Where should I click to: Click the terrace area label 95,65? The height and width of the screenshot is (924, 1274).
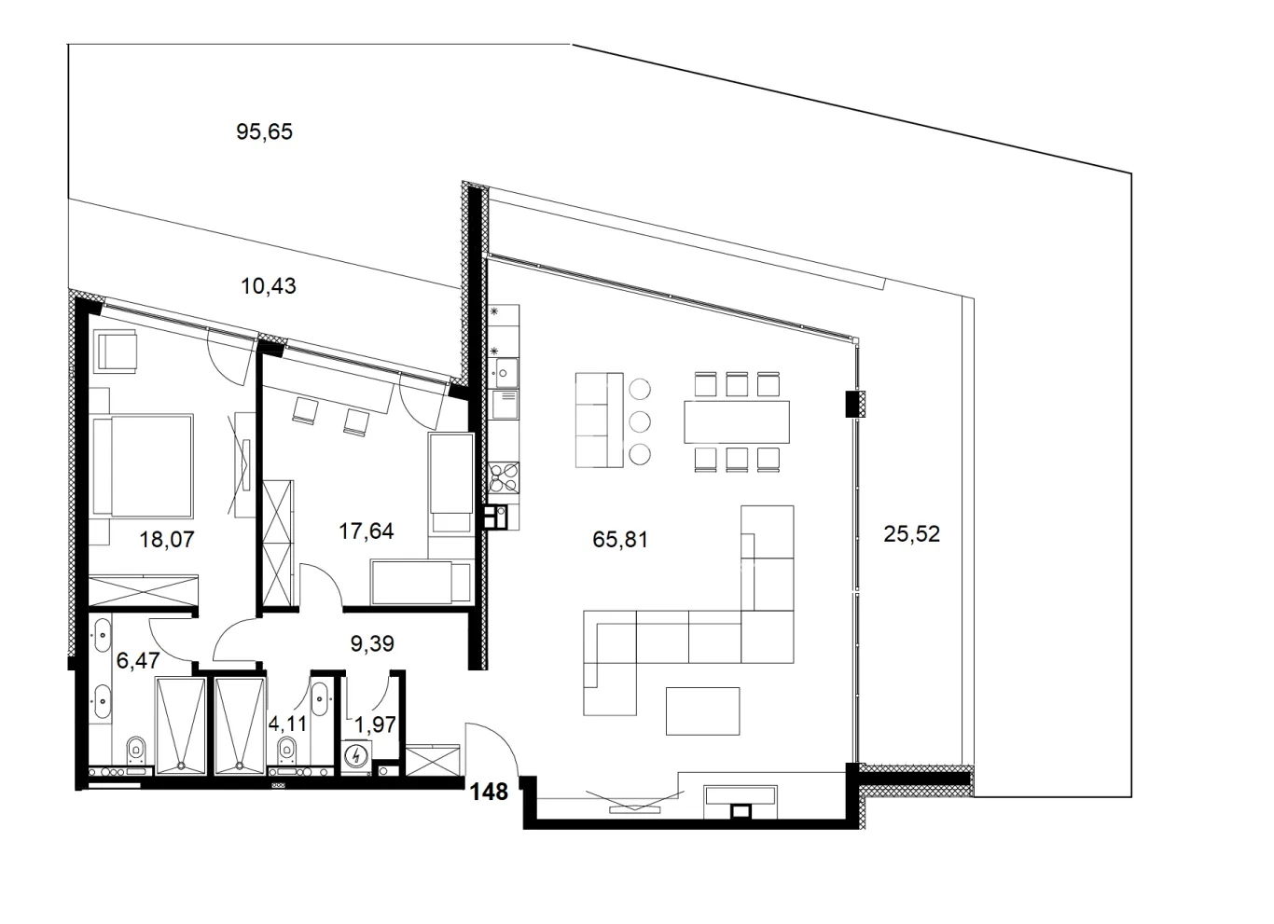265,132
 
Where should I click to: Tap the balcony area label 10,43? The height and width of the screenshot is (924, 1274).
269,286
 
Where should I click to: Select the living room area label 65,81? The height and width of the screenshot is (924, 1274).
620,539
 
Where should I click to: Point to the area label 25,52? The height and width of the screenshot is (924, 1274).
912,534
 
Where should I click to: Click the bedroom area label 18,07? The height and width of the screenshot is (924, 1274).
167,539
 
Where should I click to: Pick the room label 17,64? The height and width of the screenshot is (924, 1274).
366,531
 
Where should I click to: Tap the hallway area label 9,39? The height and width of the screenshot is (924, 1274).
372,642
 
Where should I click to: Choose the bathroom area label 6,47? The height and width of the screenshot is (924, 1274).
138,661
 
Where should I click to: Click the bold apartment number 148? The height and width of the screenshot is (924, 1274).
489,792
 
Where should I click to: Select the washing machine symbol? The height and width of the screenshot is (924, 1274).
356,756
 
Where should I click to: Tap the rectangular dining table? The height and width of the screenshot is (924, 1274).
737,421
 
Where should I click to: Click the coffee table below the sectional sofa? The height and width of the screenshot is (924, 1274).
702,710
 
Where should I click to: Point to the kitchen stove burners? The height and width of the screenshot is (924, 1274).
503,477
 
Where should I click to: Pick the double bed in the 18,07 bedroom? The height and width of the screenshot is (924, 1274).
144,466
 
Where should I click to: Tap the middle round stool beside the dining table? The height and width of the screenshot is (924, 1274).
640,421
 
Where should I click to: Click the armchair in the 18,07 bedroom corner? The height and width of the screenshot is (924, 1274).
118,351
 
